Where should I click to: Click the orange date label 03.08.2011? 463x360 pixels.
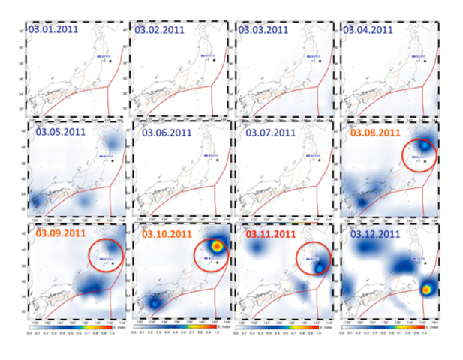[x=377, y=133]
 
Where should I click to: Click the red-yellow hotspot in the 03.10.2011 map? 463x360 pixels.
[x=216, y=244]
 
